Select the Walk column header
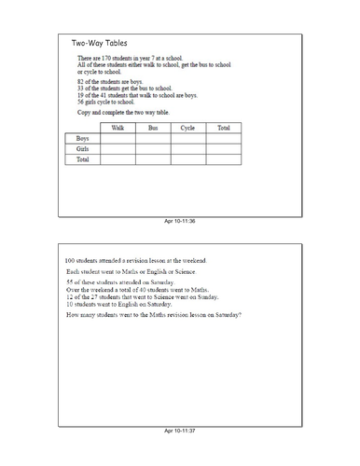click(x=118, y=127)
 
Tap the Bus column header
click(x=153, y=127)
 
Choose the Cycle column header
click(x=187, y=127)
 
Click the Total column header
click(x=223, y=127)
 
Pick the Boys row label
click(x=83, y=138)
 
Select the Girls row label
click(x=83, y=148)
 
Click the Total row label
click(x=83, y=159)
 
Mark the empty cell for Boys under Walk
click(x=118, y=138)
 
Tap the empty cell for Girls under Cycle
click(x=187, y=148)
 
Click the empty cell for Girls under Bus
click(x=153, y=148)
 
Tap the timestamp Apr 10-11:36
click(x=180, y=221)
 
